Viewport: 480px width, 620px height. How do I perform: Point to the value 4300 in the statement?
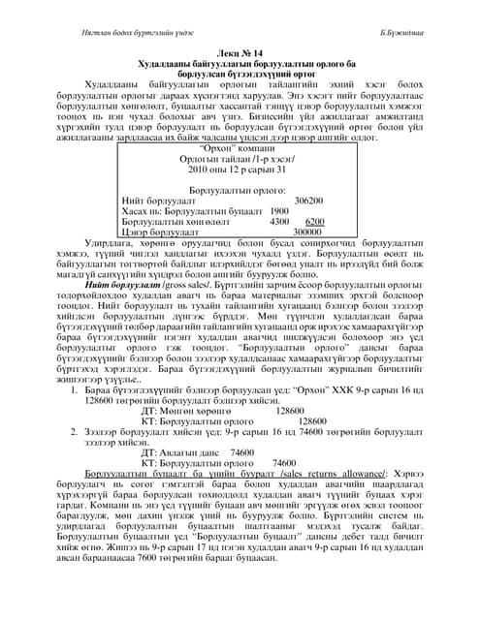pos(252,222)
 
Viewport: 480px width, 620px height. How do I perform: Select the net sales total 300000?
pos(306,232)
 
